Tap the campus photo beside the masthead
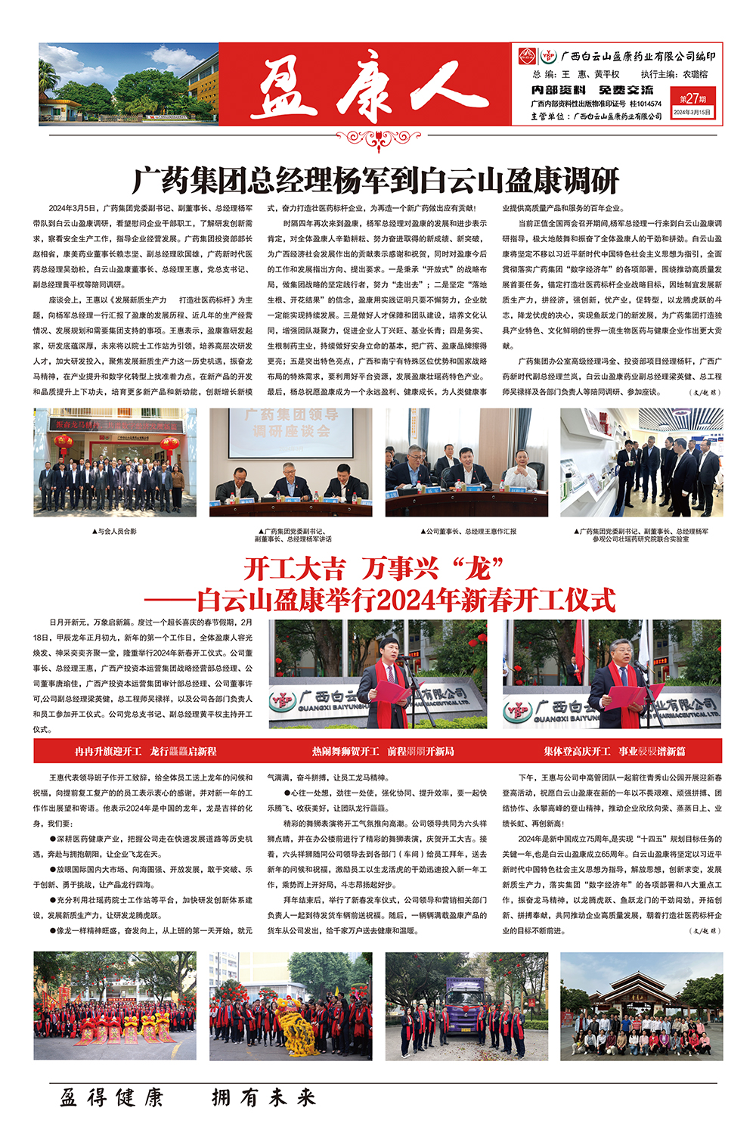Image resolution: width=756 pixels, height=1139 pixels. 129,84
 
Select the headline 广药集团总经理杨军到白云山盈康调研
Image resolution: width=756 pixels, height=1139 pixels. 376,181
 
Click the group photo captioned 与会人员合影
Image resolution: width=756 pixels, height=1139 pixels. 115,463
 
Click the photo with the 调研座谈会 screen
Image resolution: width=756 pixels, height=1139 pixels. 290,463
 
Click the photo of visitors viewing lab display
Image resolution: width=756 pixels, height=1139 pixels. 641,463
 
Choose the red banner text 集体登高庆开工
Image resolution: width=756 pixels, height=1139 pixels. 577,751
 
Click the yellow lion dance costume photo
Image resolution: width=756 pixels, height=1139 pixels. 290,1006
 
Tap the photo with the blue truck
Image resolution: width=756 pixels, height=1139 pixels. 466,1006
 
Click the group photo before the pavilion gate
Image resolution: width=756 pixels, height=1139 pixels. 641,1006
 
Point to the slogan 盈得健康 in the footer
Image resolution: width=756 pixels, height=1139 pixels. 112,1097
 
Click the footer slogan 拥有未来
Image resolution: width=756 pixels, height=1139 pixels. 263,1097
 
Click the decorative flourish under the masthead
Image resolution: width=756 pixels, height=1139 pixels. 378,140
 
